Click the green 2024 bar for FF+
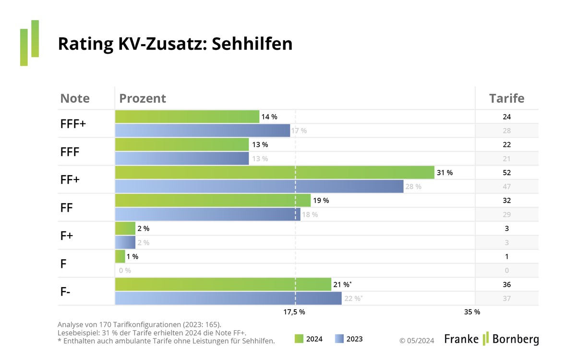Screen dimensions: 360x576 (275, 172)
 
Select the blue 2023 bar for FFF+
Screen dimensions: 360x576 (203, 131)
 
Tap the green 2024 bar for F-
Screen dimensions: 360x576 (223, 285)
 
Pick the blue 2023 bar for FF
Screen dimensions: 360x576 (207, 214)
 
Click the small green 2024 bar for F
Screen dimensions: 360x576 (120, 256)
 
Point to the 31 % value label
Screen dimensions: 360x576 (444, 172)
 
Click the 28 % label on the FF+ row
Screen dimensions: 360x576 (413, 187)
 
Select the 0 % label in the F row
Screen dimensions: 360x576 (125, 271)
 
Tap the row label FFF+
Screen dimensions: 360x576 (73, 123)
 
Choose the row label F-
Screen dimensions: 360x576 (66, 291)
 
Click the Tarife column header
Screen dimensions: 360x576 (506, 98)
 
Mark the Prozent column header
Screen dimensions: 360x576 (143, 98)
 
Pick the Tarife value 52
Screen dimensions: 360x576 (507, 172)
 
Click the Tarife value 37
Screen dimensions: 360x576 (507, 299)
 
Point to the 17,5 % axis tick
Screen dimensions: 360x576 (294, 312)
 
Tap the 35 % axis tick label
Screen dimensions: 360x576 (472, 312)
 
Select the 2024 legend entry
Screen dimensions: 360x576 (309, 339)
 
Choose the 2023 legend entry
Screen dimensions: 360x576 (349, 339)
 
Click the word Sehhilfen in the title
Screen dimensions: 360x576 (252, 44)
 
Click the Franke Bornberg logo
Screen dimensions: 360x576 (491, 338)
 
